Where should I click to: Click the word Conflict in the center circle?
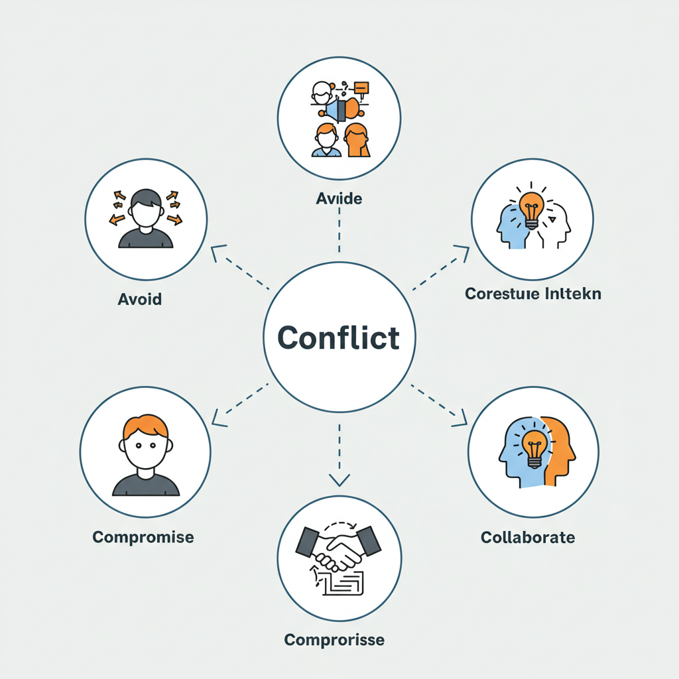tap(339, 338)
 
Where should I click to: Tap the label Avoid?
tap(139, 299)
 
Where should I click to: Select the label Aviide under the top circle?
tap(339, 198)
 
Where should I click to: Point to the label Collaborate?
tap(528, 536)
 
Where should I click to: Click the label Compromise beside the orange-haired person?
tap(143, 536)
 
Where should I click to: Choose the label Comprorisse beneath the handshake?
tap(334, 640)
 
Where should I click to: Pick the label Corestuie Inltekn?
tap(533, 293)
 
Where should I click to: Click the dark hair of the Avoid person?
tap(146, 198)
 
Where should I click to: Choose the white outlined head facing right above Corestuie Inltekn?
tap(557, 225)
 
